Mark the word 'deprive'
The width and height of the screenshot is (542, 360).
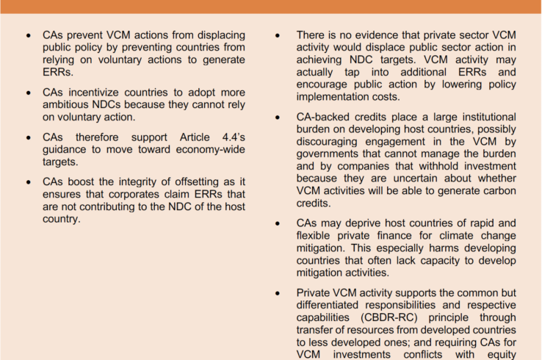tap(356, 223)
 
